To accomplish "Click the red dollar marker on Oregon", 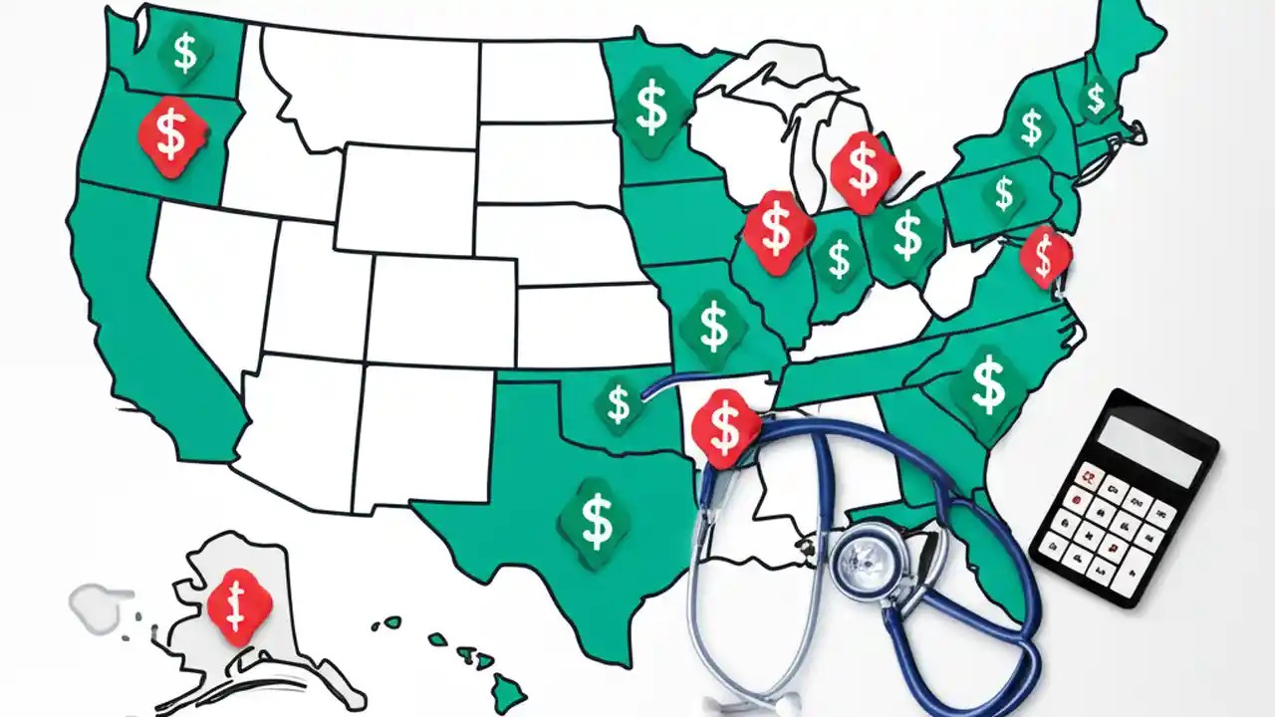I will click(x=172, y=136).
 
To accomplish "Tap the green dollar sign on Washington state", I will click(x=184, y=53).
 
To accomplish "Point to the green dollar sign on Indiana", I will click(x=840, y=259).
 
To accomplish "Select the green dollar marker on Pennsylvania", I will click(x=1003, y=193).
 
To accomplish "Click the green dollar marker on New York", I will click(x=1031, y=126).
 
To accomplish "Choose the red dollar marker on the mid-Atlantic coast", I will click(x=1044, y=255).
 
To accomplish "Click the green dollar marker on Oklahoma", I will click(x=619, y=403).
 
